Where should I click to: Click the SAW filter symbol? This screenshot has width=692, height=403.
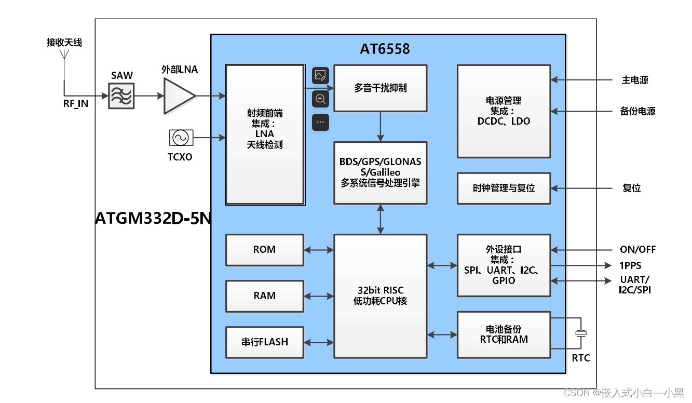[121, 96]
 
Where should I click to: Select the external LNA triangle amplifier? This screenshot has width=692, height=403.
[178, 96]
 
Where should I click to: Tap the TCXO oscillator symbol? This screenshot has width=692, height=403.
[181, 138]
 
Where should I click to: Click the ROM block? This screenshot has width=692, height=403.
[264, 250]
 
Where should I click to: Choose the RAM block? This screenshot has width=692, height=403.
[264, 296]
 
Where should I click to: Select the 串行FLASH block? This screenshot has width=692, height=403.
[264, 342]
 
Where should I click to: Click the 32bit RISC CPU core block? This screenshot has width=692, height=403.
[380, 296]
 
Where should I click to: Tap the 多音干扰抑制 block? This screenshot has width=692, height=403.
[380, 88]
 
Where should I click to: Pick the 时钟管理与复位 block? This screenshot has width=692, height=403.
[504, 188]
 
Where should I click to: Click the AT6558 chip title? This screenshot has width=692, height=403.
[385, 49]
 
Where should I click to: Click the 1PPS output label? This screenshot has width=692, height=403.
[631, 265]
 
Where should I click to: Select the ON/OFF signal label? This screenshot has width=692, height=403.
[637, 250]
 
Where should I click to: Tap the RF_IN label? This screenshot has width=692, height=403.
[76, 104]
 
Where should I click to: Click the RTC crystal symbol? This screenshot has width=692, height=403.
[581, 333]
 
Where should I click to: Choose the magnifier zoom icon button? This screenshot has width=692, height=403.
[320, 99]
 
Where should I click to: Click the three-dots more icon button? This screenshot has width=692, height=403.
[320, 123]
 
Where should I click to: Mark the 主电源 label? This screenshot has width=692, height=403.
[635, 80]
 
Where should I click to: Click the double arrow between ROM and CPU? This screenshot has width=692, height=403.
[319, 250]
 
